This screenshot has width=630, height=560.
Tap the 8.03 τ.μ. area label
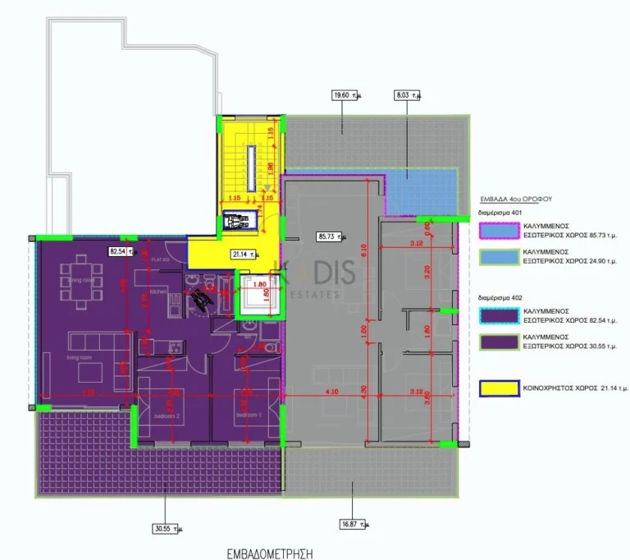click(x=407, y=95)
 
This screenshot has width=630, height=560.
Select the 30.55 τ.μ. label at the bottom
click(x=165, y=529)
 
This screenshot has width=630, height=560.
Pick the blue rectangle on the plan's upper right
click(x=420, y=190)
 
